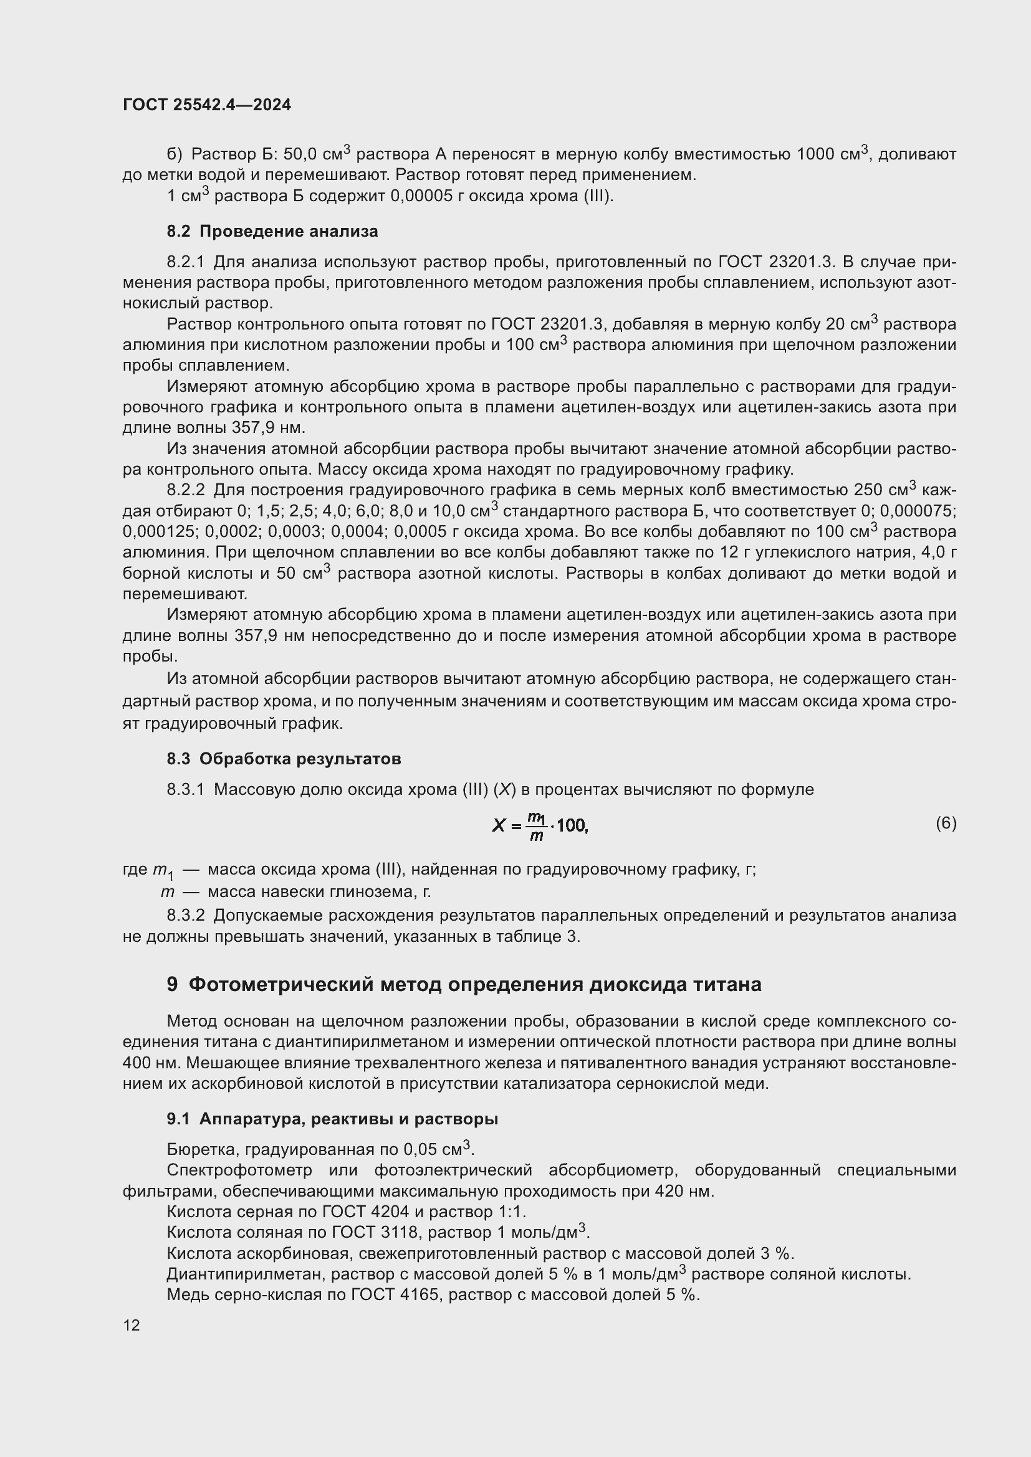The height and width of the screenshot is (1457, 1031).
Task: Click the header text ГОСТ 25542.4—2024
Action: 207,105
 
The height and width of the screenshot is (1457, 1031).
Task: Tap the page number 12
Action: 132,1325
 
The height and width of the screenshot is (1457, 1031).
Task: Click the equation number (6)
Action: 946,823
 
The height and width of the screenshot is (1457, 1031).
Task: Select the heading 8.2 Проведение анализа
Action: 272,232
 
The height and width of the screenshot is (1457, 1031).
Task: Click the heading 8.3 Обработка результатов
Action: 284,759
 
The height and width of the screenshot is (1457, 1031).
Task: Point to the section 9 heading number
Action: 172,984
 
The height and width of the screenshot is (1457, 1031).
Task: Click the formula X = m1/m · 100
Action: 540,825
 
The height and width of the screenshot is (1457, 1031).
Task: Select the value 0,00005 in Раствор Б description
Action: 419,196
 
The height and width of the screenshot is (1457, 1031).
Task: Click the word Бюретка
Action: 203,1149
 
